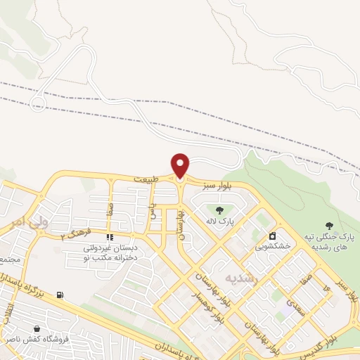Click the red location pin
coord(181,165)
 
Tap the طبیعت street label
coord(146,180)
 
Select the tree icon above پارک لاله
coord(219,210)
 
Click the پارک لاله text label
coord(219,222)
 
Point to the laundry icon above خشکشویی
coord(270,236)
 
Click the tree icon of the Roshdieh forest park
coord(329,225)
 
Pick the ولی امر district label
coord(26,222)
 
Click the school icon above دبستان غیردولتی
coord(109,237)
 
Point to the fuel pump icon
coord(60,295)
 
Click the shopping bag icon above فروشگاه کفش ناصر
coord(36,328)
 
